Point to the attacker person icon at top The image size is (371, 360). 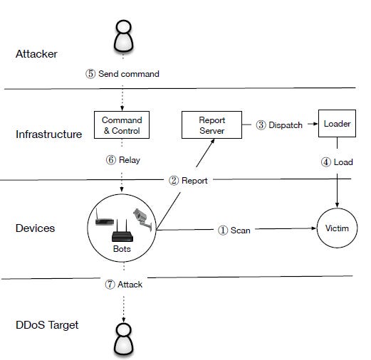coord(123,36)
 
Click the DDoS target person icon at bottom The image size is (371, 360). coord(123,339)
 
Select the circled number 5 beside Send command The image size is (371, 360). coord(90,74)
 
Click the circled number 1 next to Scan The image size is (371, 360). coord(223,231)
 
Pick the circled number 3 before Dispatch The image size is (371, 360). coord(261,125)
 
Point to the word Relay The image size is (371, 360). coord(130,160)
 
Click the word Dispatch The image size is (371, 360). coord(286,125)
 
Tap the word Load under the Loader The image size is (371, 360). coord(343,162)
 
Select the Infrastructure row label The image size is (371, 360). coord(48,134)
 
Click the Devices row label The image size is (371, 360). coord(35,228)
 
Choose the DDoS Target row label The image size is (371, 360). coord(47,325)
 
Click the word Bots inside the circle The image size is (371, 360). coord(122,249)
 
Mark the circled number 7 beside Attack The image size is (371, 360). coord(110,284)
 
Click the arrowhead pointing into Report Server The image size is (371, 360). coord(213,141)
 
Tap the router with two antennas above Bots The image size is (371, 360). coord(122,231)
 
